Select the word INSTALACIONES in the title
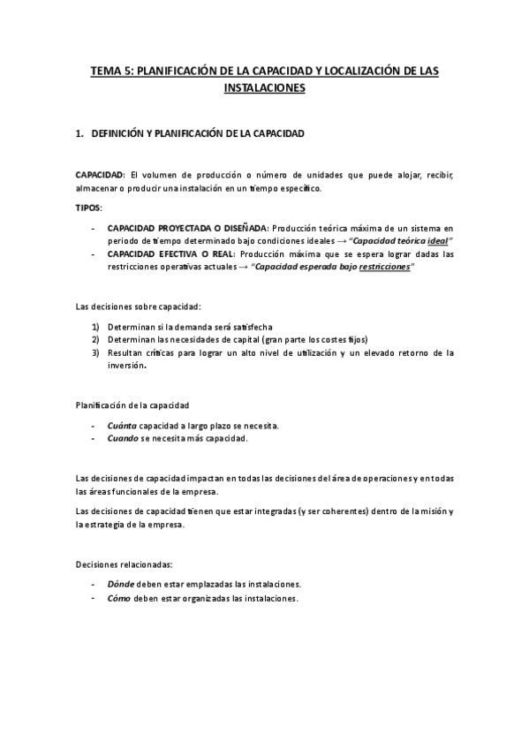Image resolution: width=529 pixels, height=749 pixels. pos(264,88)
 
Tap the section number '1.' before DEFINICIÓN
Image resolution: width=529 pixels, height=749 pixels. pos(79,134)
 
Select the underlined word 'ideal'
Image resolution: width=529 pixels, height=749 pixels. pos(436,240)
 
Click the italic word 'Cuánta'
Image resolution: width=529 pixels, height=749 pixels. pos(121,425)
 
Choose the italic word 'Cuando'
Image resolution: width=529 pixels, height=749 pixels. pos(122,438)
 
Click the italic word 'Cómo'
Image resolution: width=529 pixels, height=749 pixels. pos(118,598)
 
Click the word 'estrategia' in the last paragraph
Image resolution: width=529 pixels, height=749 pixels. pos(112,524)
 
